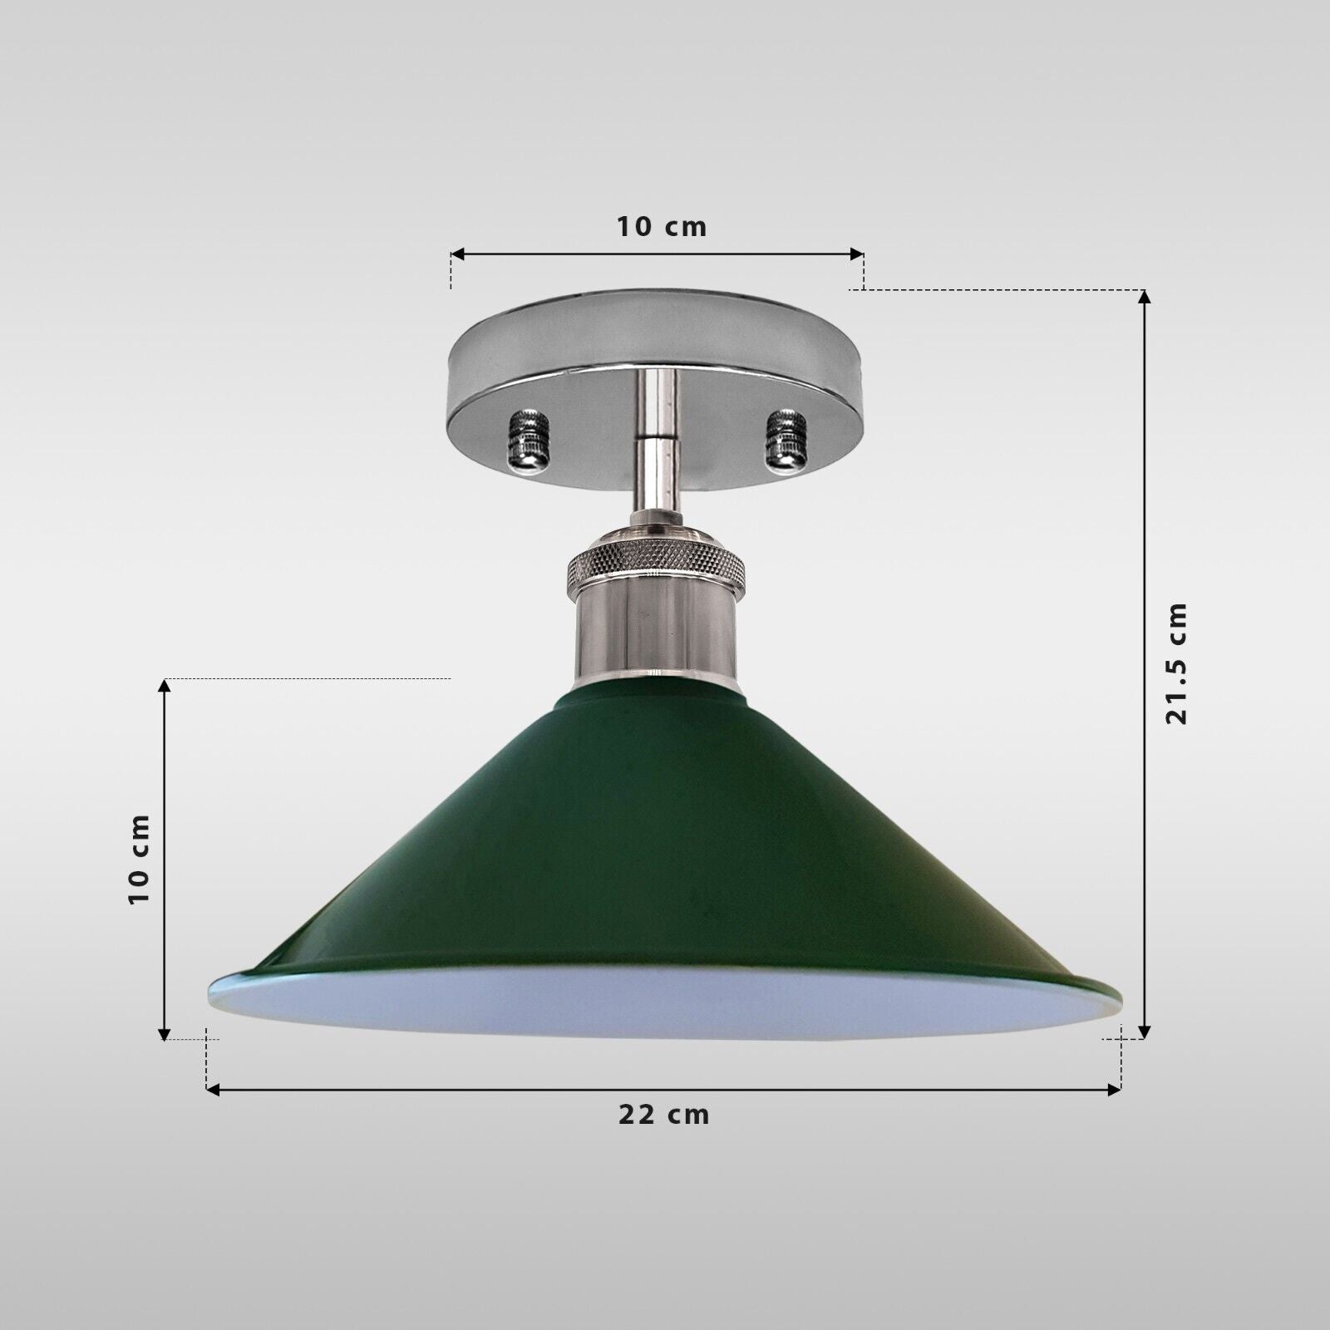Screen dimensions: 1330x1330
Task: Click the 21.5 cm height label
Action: [1176, 663]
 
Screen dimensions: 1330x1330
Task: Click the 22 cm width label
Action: [663, 1115]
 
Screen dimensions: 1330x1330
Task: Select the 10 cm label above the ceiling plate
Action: [661, 226]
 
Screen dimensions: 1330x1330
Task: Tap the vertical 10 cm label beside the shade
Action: [140, 859]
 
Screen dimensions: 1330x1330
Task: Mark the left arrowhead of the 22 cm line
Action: [211, 1089]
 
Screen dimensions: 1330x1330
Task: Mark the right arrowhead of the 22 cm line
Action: [1116, 1089]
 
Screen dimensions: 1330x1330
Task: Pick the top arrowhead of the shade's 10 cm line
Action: [164, 685]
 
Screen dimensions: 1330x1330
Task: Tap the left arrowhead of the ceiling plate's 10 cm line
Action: [456, 254]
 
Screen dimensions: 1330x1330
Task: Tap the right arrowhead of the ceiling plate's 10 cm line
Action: [857, 254]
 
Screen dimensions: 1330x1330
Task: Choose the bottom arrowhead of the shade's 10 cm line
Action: [164, 1033]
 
